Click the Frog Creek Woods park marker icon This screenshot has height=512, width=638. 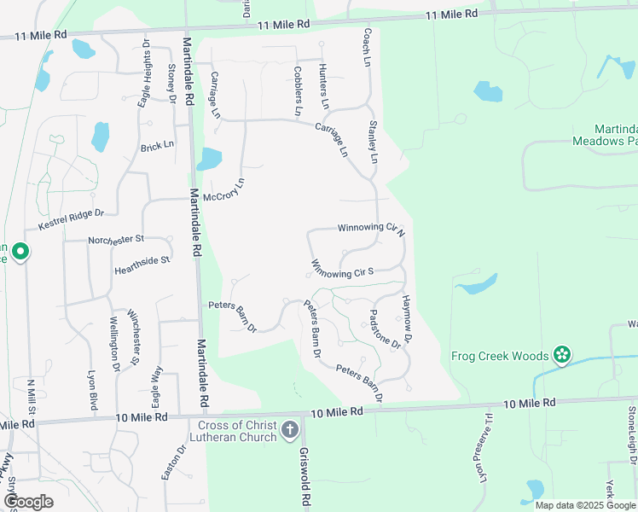(x=561, y=354)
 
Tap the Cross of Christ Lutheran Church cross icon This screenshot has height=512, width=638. (x=290, y=429)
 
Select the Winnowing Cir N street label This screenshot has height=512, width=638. (x=371, y=229)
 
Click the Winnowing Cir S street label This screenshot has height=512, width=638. (x=343, y=270)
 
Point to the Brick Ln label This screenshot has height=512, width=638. (x=157, y=147)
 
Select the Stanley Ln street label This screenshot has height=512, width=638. (x=372, y=142)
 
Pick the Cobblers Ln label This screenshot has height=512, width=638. (x=298, y=91)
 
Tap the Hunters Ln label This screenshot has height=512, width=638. (x=322, y=86)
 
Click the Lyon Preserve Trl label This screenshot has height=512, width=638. (x=484, y=458)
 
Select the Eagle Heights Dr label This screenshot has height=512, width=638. (x=144, y=74)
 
